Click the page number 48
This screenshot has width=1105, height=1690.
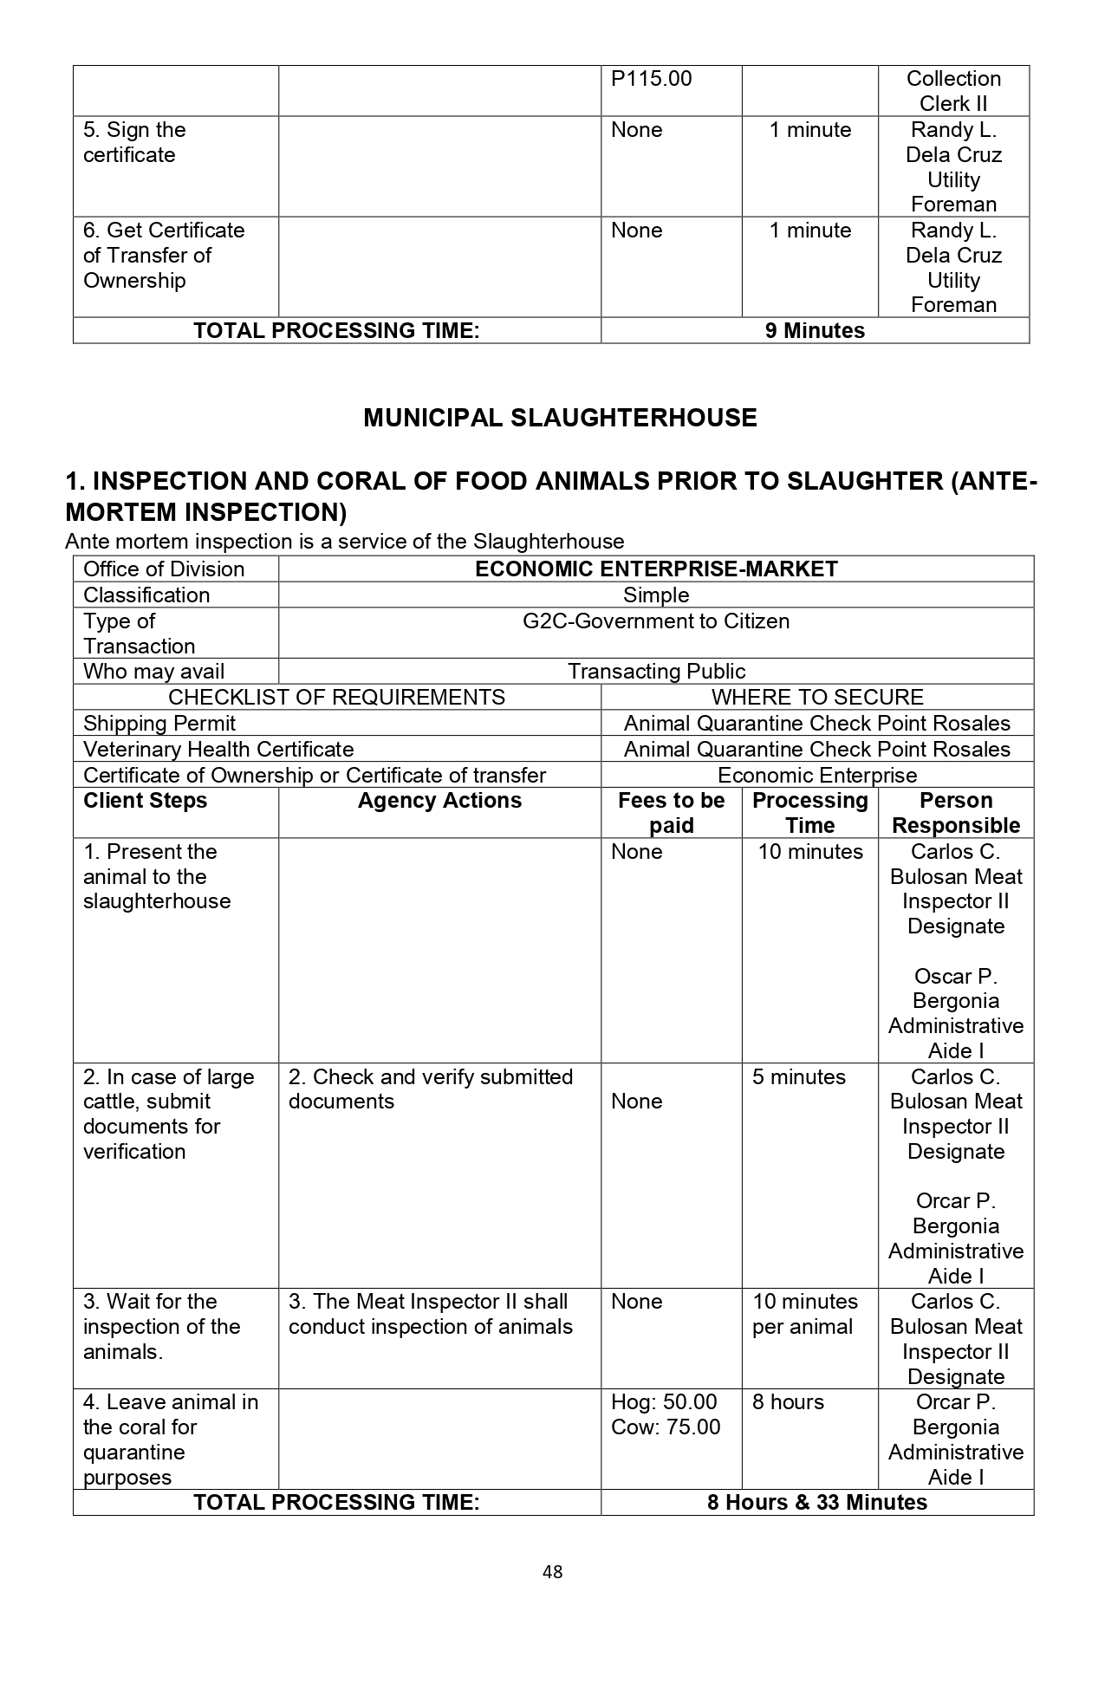552,1571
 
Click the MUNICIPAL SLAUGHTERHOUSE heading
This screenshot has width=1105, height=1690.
560,418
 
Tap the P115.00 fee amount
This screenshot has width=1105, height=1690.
652,79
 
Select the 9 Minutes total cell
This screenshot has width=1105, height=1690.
815,331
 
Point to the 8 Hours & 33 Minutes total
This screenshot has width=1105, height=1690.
816,1502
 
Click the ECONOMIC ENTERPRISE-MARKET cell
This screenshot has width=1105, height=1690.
656,569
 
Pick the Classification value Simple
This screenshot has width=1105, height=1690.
656,595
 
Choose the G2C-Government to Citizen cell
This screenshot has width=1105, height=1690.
656,621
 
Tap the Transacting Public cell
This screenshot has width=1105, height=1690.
656,672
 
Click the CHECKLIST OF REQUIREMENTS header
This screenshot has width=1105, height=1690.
336,698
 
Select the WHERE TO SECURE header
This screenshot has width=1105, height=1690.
817,698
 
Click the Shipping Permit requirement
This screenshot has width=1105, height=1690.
159,724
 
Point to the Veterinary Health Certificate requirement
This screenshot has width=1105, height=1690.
218,750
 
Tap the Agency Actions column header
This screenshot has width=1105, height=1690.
439,801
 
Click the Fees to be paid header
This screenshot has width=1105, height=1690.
671,813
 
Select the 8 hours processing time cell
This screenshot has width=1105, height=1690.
788,1402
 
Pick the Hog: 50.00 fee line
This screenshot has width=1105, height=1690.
664,1402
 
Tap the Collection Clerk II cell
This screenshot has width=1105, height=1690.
953,91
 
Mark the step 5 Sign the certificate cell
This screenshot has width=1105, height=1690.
134,142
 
